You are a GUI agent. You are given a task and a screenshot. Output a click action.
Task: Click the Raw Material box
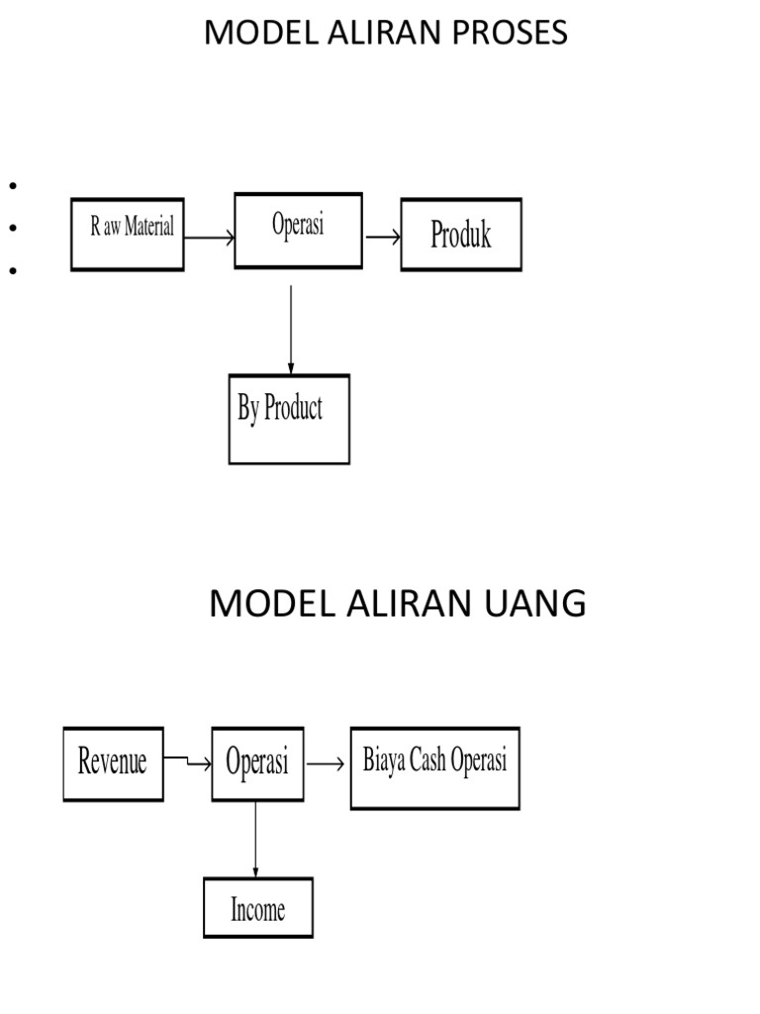128,235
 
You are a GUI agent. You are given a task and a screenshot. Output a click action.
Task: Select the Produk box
460,235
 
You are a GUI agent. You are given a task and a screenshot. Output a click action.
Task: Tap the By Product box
289,419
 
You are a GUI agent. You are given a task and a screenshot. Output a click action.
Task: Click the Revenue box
113,763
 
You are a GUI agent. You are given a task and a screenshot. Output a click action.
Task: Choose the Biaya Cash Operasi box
434,767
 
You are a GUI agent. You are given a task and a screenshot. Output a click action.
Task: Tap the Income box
257,907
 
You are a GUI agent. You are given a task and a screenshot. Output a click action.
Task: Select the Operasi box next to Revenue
257,763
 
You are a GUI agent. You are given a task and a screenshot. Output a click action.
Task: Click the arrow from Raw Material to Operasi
209,238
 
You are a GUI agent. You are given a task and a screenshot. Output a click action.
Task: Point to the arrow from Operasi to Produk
382,237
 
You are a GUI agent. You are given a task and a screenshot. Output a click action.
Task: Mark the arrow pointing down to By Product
291,329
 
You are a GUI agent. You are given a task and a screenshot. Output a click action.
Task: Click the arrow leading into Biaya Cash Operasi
326,763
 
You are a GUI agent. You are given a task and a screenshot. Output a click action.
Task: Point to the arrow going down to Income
256,839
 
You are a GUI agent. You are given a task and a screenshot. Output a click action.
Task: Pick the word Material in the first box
149,227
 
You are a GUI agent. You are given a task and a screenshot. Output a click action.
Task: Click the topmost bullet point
14,185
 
